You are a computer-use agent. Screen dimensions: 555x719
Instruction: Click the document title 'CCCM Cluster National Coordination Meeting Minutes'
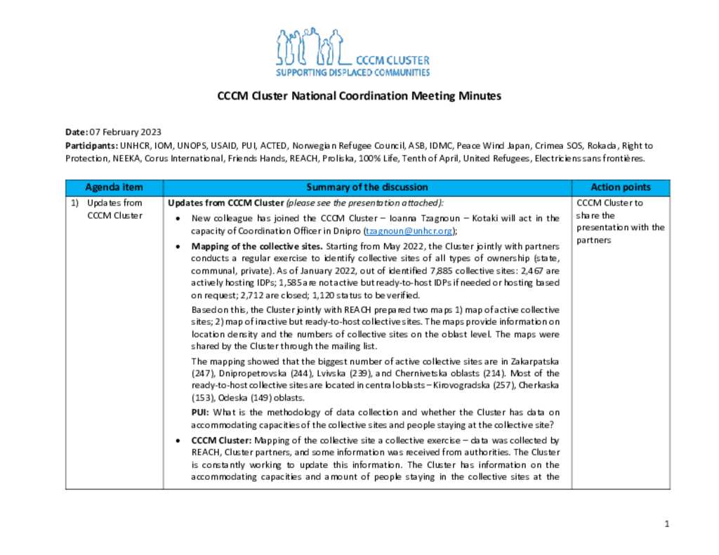click(x=359, y=96)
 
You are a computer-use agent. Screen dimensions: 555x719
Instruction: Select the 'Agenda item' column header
click(x=114, y=187)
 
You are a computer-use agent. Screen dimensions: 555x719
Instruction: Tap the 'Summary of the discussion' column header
click(x=367, y=187)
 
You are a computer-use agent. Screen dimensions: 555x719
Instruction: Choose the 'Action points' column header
click(x=620, y=187)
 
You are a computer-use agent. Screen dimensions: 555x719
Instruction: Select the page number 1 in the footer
click(x=667, y=524)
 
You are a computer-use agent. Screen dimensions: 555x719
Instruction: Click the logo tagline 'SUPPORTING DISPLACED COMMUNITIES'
click(x=352, y=72)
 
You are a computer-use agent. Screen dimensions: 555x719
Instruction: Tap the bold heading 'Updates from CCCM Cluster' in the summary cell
click(x=216, y=203)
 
